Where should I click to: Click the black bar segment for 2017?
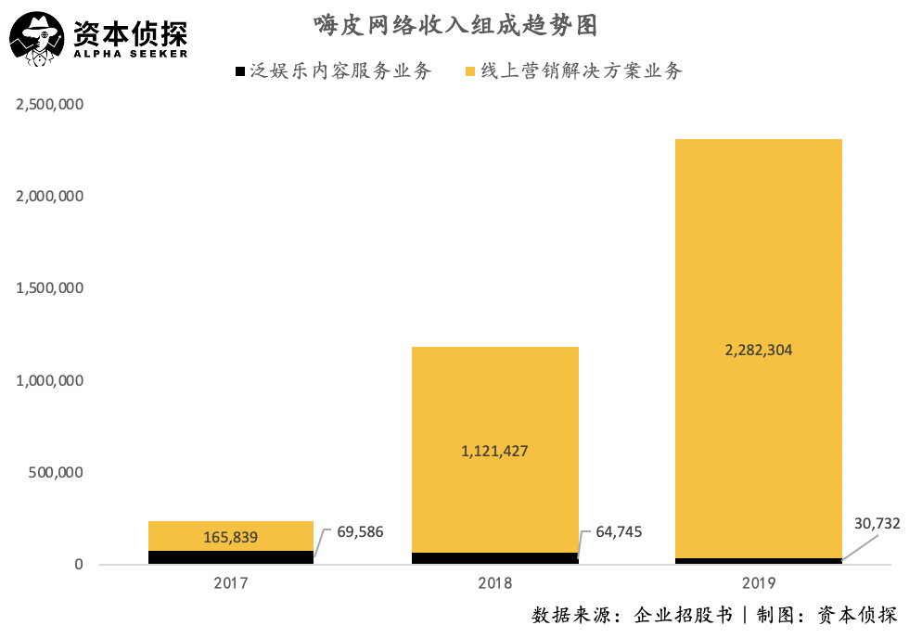click(231, 557)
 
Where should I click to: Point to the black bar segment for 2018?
click(494, 558)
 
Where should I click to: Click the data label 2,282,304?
click(758, 351)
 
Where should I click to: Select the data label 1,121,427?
click(494, 452)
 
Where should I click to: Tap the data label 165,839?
click(230, 537)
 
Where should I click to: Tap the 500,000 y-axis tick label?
click(58, 472)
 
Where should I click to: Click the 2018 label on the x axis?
click(494, 584)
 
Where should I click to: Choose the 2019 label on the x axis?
click(758, 584)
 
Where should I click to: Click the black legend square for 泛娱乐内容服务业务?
click(239, 71)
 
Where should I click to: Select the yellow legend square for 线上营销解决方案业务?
click(471, 71)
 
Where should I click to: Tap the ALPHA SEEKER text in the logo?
click(130, 53)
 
